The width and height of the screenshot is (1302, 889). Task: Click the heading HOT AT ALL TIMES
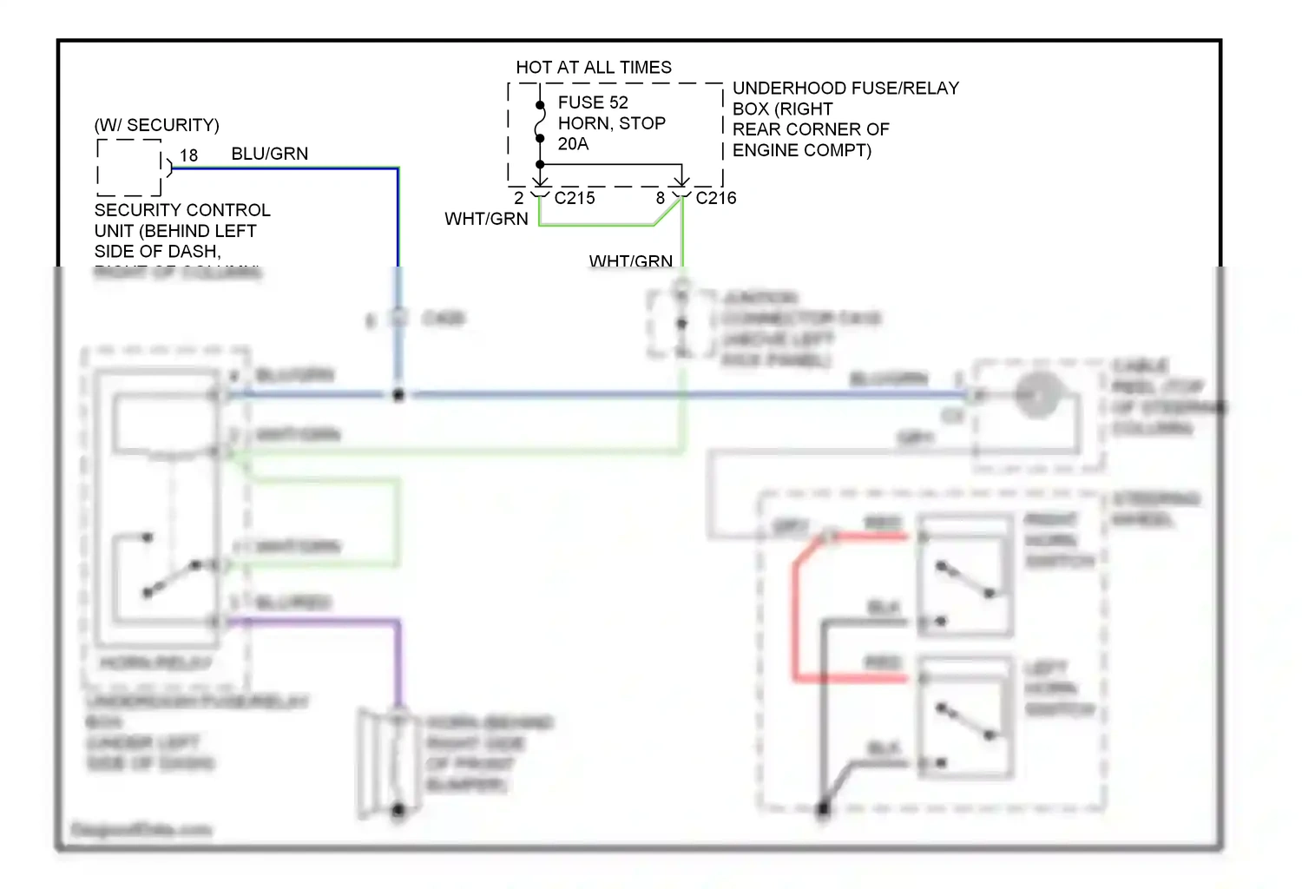click(x=593, y=68)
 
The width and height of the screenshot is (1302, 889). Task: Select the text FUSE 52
click(x=592, y=102)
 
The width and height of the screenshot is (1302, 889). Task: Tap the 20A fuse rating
click(x=573, y=144)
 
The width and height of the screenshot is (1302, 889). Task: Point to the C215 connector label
click(x=575, y=198)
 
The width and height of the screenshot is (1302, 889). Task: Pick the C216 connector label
click(x=716, y=198)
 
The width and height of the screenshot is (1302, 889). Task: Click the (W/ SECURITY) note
click(x=156, y=125)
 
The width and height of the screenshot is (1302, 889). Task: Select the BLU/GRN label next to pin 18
click(x=269, y=154)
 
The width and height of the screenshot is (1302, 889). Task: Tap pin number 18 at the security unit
click(x=188, y=155)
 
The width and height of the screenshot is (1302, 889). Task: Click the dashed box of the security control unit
click(x=129, y=168)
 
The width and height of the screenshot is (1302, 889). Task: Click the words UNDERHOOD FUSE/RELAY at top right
click(x=845, y=89)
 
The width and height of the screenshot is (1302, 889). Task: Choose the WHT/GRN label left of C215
click(x=486, y=219)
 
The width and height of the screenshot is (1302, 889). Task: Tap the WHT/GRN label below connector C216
click(x=630, y=260)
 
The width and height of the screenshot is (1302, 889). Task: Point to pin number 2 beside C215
click(x=518, y=198)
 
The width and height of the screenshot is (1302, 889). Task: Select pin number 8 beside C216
click(x=661, y=198)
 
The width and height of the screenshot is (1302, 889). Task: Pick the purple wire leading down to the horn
click(x=398, y=660)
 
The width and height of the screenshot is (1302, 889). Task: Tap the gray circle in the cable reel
click(x=1037, y=395)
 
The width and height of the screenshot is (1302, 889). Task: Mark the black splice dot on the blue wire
click(x=398, y=395)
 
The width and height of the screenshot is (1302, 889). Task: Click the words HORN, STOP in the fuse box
click(x=611, y=123)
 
